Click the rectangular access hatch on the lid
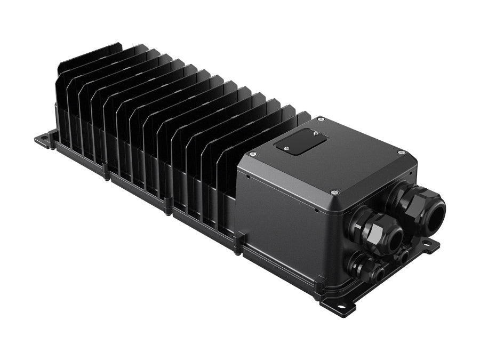coord(300,142)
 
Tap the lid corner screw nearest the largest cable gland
coord(402,153)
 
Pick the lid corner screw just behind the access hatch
coord(321,119)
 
